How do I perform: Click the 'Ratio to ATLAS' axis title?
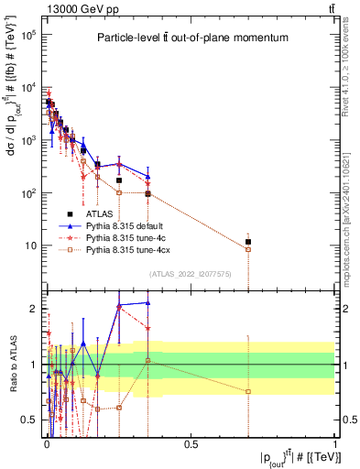(x=11, y=364)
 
